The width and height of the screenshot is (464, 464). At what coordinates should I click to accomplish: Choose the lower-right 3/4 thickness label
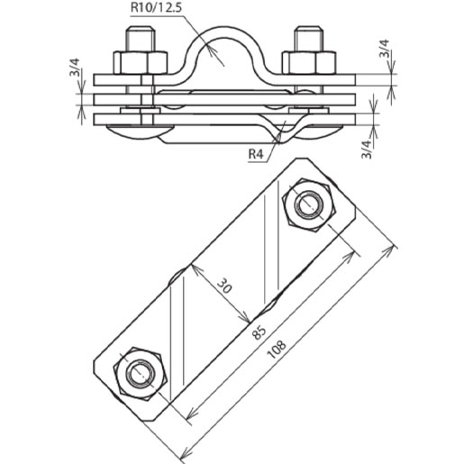click(x=365, y=144)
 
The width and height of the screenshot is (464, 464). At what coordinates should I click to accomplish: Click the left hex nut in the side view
click(x=141, y=62)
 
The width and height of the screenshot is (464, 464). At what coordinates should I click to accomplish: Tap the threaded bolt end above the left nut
click(x=141, y=41)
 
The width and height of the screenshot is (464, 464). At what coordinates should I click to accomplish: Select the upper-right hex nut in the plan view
click(x=309, y=206)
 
